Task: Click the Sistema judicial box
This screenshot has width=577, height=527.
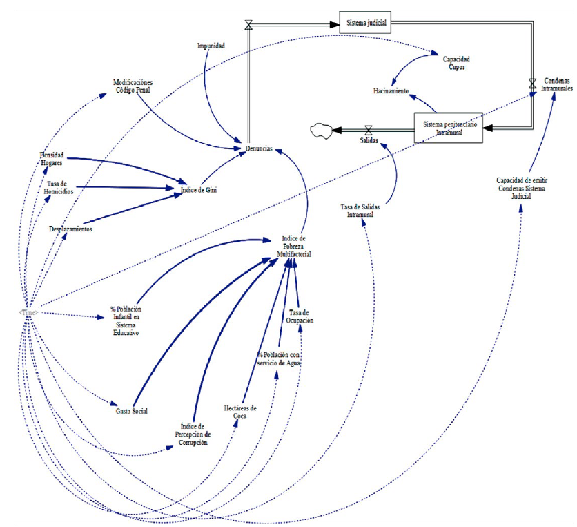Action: (365, 22)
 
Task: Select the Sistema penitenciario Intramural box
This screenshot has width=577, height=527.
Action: (448, 128)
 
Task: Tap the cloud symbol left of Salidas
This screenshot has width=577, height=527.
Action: (322, 129)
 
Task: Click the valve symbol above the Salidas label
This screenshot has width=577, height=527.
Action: (368, 129)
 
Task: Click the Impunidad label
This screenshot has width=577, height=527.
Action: (211, 46)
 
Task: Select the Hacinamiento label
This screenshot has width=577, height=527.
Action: (392, 91)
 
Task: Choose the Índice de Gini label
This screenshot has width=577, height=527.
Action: (199, 191)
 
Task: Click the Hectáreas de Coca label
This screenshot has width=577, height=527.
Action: (240, 412)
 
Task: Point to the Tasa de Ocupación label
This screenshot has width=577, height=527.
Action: (301, 317)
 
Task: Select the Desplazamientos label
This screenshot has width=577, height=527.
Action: (71, 228)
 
